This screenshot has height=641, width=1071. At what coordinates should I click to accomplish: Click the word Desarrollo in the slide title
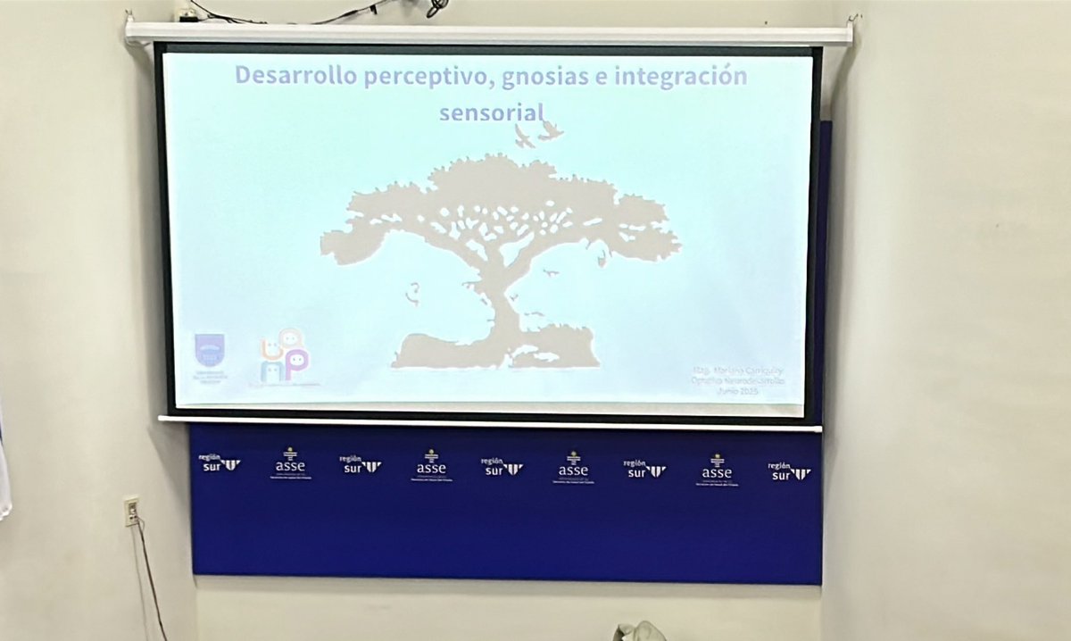click(296, 76)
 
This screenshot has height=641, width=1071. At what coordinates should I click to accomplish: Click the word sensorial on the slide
click(492, 112)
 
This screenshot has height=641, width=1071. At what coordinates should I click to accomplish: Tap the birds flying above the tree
click(538, 132)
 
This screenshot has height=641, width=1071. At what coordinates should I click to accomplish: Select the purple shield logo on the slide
click(210, 350)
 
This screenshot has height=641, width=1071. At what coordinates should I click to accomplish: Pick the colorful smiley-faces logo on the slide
click(284, 356)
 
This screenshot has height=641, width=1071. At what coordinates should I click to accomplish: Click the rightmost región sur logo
click(789, 470)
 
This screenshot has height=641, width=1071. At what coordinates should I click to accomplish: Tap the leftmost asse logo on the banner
click(289, 464)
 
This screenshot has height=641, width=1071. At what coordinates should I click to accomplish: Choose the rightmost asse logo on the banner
click(716, 470)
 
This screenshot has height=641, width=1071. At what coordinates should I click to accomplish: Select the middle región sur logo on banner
click(502, 466)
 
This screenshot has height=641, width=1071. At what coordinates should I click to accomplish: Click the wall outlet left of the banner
click(131, 511)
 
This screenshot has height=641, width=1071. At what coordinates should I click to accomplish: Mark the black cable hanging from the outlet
click(150, 580)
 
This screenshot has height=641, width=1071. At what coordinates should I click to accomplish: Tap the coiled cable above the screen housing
click(436, 8)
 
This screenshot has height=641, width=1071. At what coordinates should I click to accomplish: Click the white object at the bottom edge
click(637, 631)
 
